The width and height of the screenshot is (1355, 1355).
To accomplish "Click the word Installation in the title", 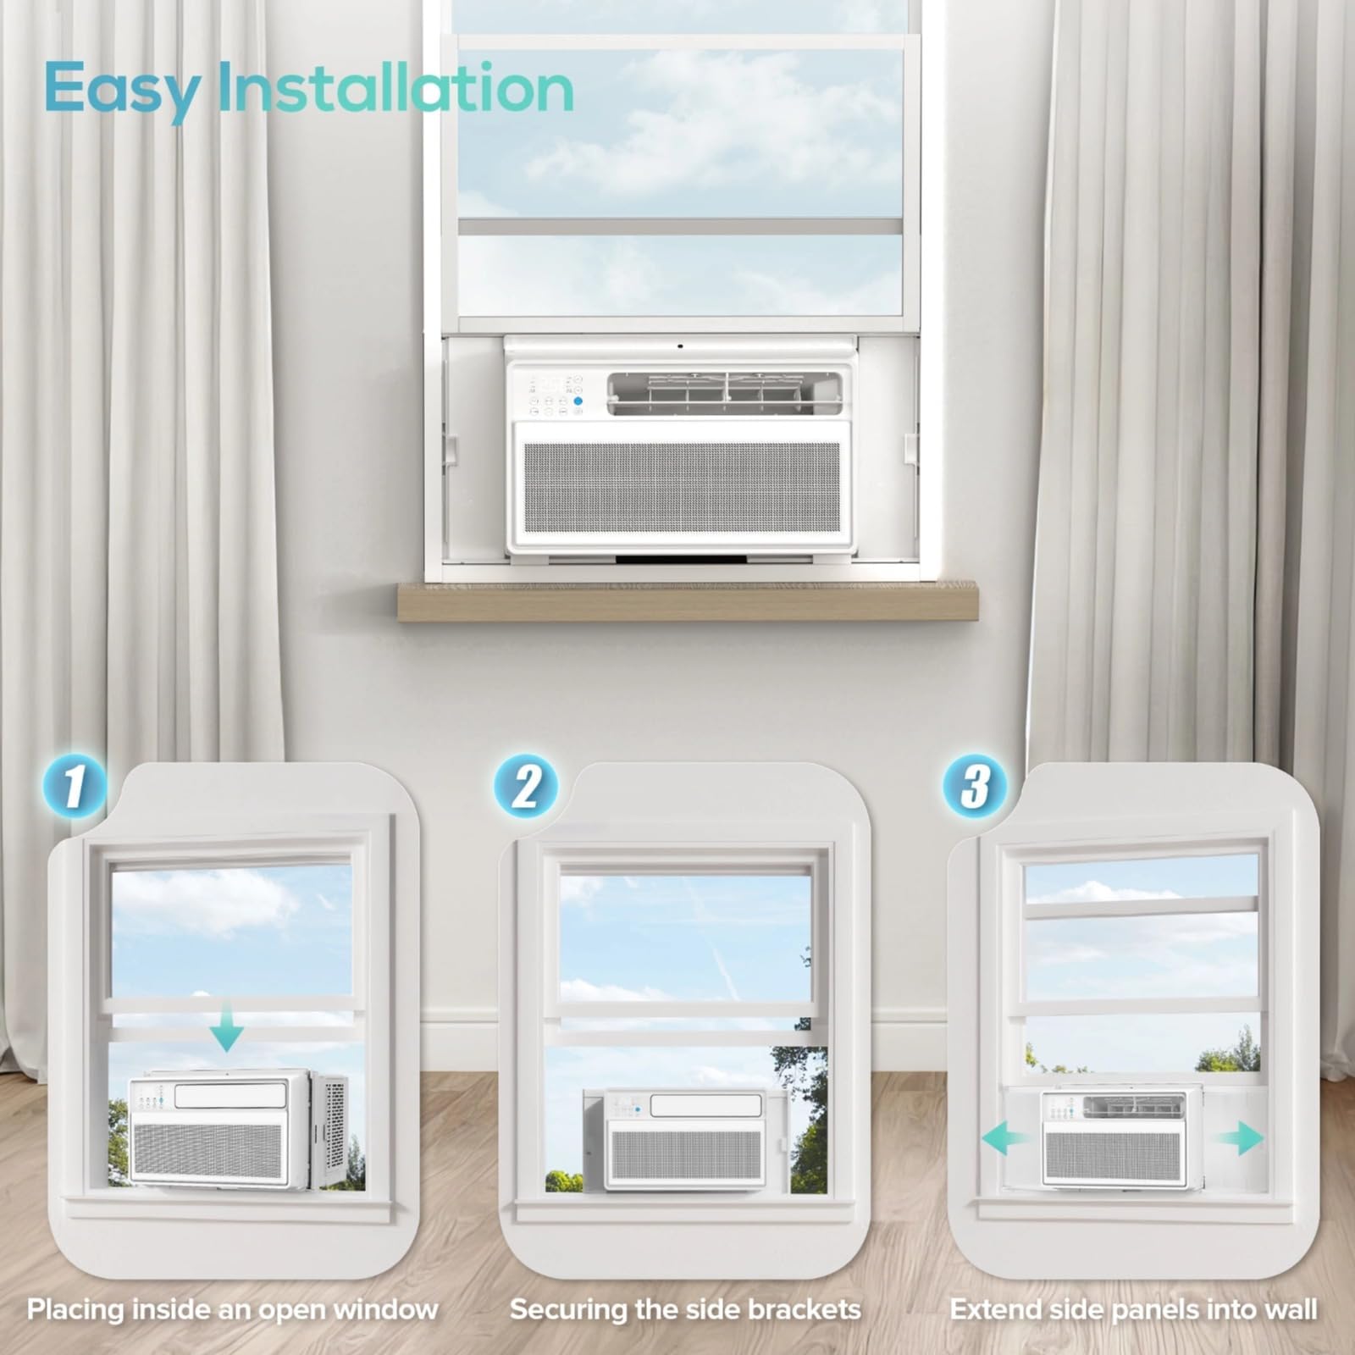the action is click(395, 87).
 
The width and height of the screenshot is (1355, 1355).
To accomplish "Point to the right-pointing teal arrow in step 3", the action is click(1239, 1137).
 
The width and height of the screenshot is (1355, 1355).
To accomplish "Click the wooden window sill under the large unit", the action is click(688, 601).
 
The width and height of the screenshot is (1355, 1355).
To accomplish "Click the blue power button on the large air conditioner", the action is click(578, 401).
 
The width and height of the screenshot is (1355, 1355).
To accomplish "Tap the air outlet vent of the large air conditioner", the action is click(724, 395).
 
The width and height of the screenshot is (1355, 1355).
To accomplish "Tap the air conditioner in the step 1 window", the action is click(238, 1128).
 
